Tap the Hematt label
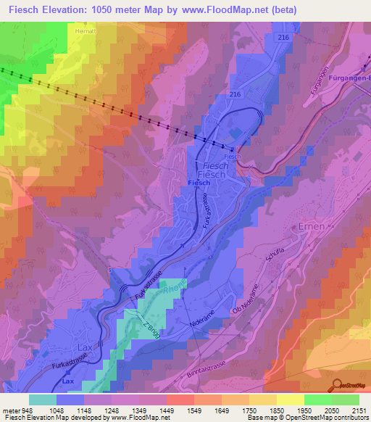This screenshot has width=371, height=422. click(x=86, y=31)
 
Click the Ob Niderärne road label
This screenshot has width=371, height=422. click(x=245, y=299)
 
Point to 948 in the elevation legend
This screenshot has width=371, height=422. click(x=27, y=411)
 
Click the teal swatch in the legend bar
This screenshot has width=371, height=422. click(x=43, y=400)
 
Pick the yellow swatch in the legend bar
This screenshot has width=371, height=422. click(x=290, y=400)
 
